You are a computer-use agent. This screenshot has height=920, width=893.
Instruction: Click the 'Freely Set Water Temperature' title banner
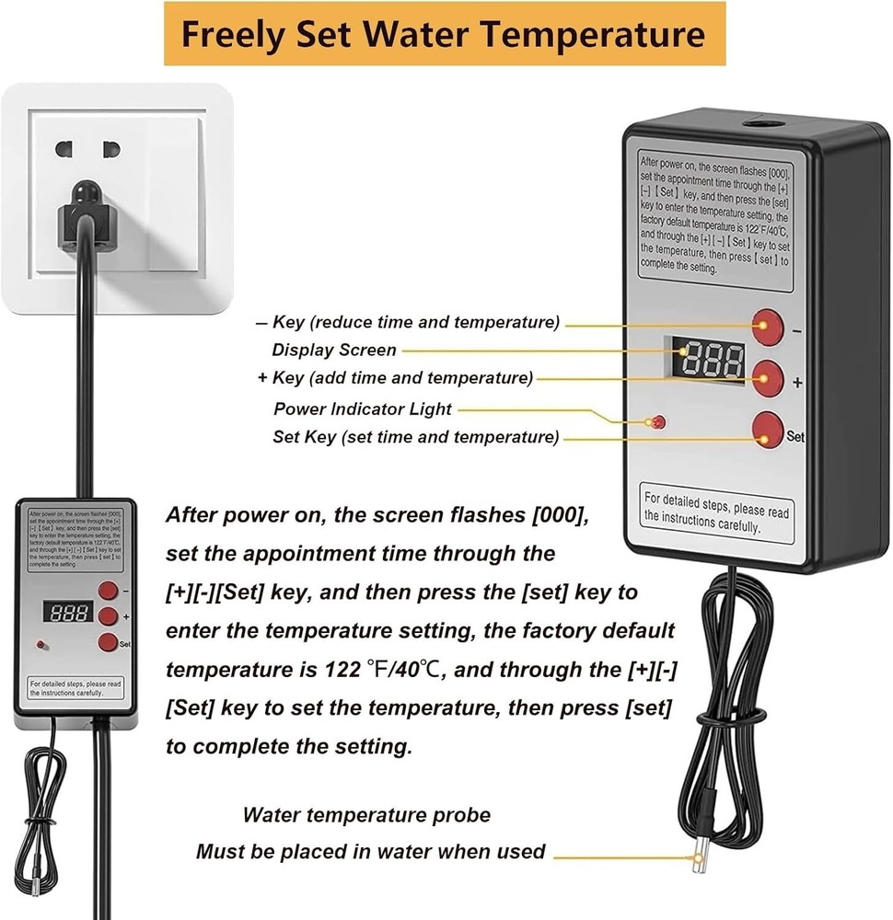pos(445,34)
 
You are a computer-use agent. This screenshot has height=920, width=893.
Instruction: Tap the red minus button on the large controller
pos(766,325)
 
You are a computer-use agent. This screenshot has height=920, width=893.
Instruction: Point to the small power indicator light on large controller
pos(657,422)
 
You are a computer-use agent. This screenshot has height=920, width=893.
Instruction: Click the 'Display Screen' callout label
pos(334,351)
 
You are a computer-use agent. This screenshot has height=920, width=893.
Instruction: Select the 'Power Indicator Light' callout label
pos(363,408)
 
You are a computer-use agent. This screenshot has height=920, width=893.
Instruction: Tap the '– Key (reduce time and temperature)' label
pos(407,323)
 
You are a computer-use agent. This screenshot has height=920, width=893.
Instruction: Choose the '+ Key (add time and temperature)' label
pos(395,378)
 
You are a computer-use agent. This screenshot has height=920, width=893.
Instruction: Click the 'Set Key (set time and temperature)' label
pos(415,438)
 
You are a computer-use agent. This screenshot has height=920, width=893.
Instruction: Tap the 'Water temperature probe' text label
pos(366,815)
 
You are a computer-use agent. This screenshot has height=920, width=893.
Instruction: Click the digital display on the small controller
pos(66,611)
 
